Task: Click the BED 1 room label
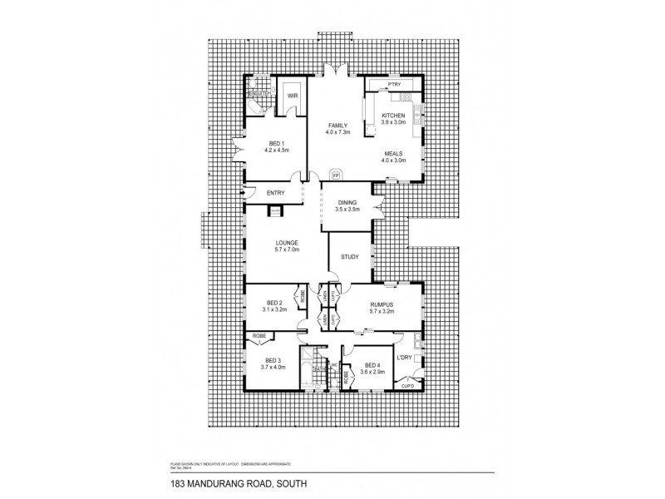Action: pyautogui.click(x=275, y=143)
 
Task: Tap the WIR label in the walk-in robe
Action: pyautogui.click(x=293, y=96)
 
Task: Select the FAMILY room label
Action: pyautogui.click(x=337, y=126)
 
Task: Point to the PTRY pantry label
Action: pyautogui.click(x=394, y=86)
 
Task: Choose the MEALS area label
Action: pyautogui.click(x=394, y=153)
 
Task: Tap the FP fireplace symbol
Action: pyautogui.click(x=336, y=176)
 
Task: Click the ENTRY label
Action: pyautogui.click(x=276, y=194)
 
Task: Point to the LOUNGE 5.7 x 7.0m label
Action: pyautogui.click(x=287, y=243)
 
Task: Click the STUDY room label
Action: pyautogui.click(x=350, y=257)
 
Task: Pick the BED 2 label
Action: pyautogui.click(x=275, y=303)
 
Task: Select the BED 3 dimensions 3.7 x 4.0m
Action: pyautogui.click(x=273, y=367)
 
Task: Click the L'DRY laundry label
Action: pyautogui.click(x=404, y=358)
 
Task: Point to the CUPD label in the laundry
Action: pyautogui.click(x=407, y=386)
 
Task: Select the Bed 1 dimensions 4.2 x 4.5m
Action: pyautogui.click(x=275, y=150)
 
